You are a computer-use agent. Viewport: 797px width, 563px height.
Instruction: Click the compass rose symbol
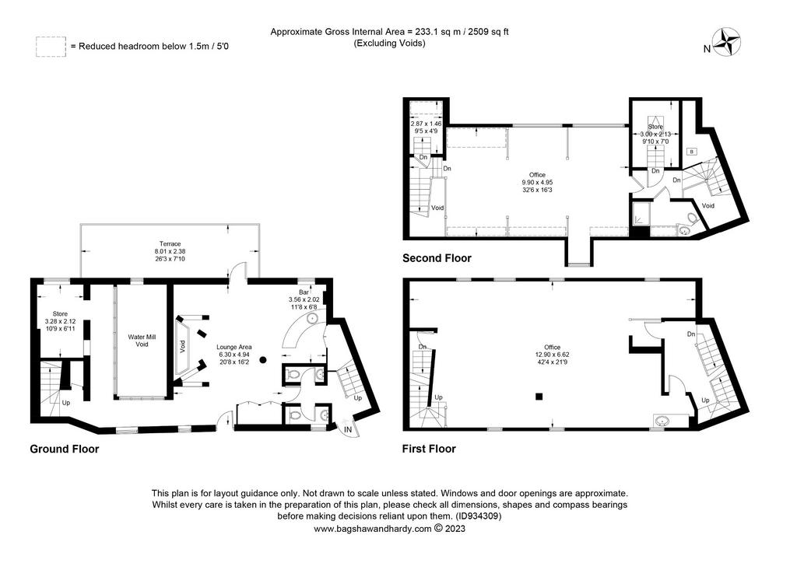point(725,42)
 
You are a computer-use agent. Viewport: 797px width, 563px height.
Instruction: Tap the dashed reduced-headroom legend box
point(51,46)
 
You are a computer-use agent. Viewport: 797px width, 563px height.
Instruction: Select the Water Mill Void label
point(142,341)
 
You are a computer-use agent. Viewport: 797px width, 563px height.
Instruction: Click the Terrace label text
point(170,243)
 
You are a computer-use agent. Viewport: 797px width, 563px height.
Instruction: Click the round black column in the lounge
point(263,360)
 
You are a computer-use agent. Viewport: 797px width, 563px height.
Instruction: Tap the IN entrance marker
point(348,429)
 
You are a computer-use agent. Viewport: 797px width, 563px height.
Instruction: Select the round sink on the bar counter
point(311,319)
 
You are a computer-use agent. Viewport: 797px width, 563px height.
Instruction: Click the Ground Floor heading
point(65,449)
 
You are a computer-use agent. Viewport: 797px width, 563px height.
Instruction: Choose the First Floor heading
point(429,449)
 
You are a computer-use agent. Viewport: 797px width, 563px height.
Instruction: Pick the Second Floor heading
point(437,258)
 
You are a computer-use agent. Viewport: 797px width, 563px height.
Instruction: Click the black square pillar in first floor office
point(539,397)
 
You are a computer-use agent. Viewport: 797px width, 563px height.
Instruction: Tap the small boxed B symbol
point(691,151)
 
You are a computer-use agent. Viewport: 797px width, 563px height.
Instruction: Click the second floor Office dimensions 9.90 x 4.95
point(537,182)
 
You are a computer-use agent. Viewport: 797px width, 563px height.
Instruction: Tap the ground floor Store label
point(60,313)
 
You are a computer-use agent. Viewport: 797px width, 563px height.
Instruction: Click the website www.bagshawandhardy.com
point(373,529)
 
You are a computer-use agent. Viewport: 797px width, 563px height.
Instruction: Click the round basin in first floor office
point(661,421)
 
